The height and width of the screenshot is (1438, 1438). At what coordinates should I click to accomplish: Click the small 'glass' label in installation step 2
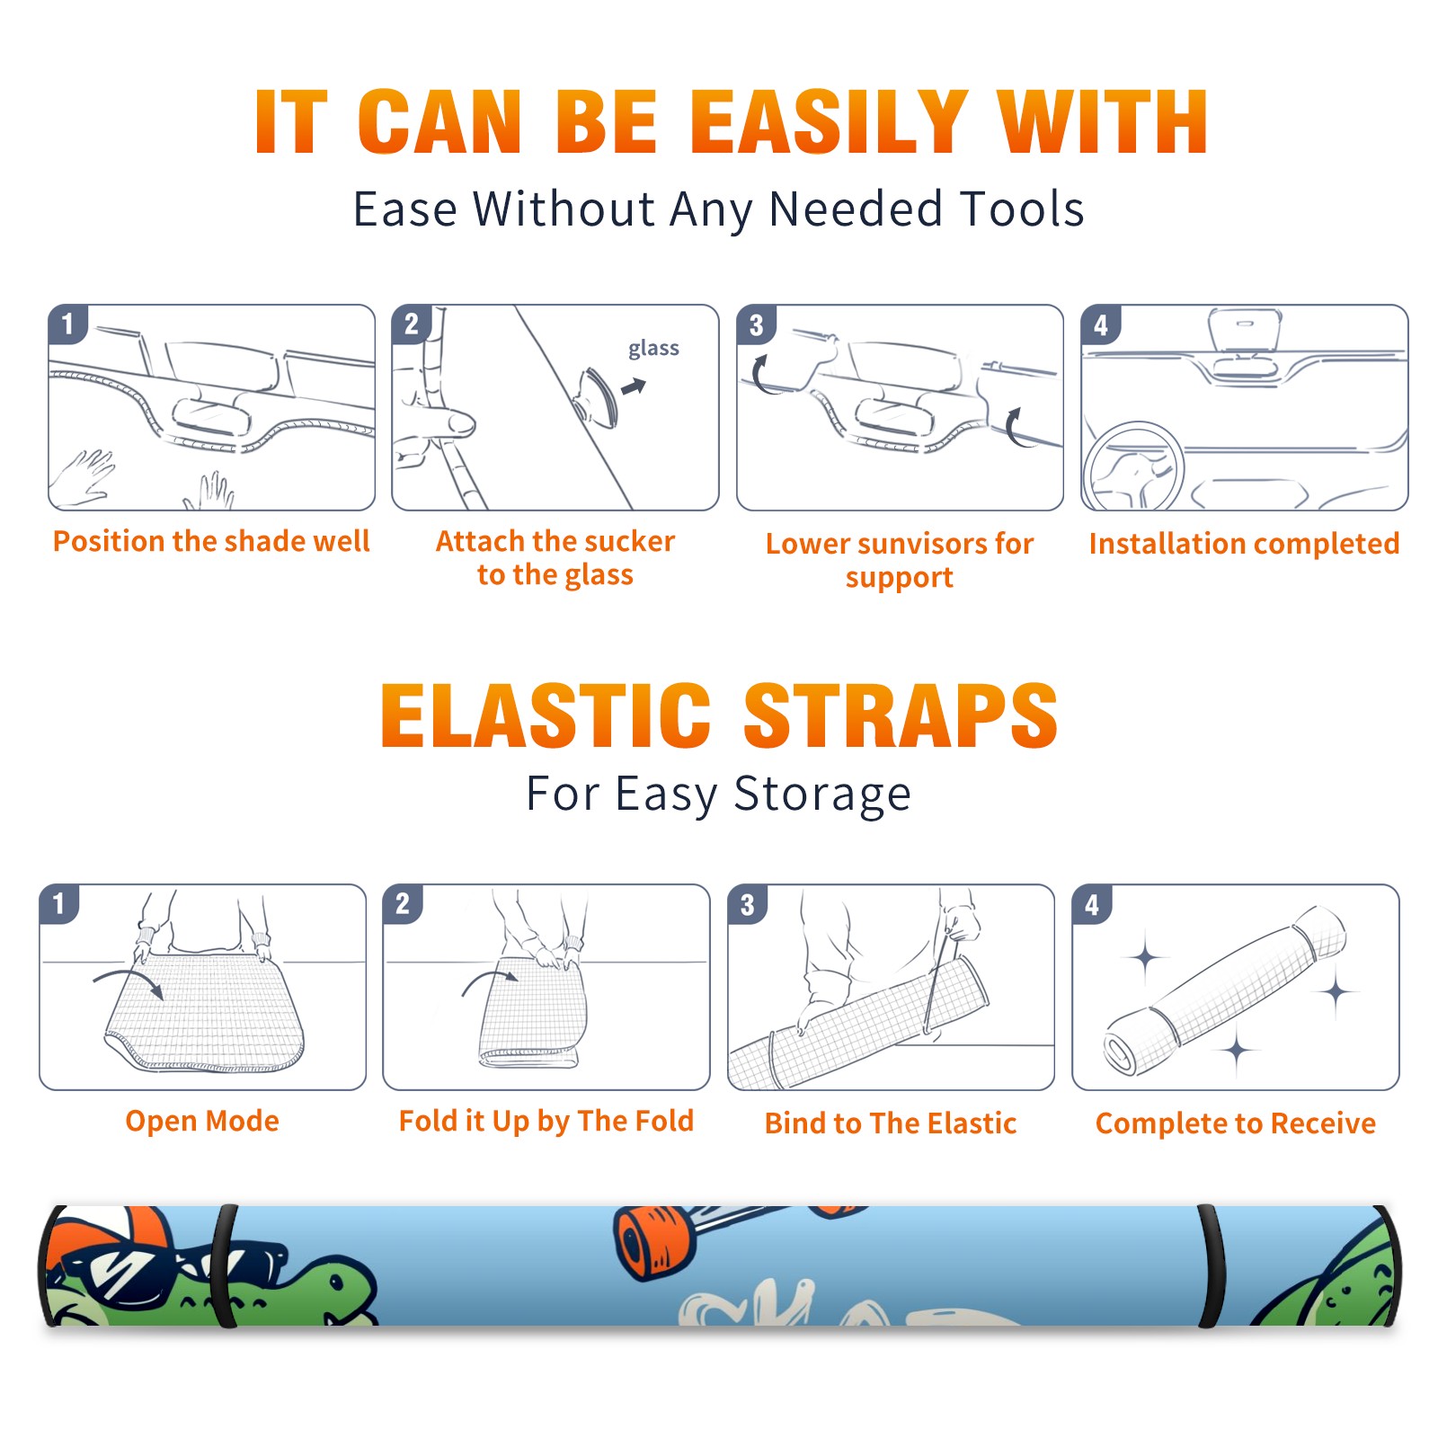pos(653,349)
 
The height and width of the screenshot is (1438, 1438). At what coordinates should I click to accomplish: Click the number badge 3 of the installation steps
pos(757,325)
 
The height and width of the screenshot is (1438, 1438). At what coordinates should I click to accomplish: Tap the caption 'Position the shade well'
pos(211,541)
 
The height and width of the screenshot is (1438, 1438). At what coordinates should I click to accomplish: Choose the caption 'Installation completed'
pos(1244,544)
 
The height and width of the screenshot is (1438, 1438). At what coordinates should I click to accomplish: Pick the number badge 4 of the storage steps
pos(1092,904)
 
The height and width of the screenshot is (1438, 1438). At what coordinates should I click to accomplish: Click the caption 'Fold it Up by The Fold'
pos(546,1121)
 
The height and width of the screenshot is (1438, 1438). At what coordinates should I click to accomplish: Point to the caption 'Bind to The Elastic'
pos(891,1123)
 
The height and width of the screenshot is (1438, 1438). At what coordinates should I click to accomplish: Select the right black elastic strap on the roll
pos(1210,1266)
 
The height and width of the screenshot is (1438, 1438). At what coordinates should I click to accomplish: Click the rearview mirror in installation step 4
pos(1244,333)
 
